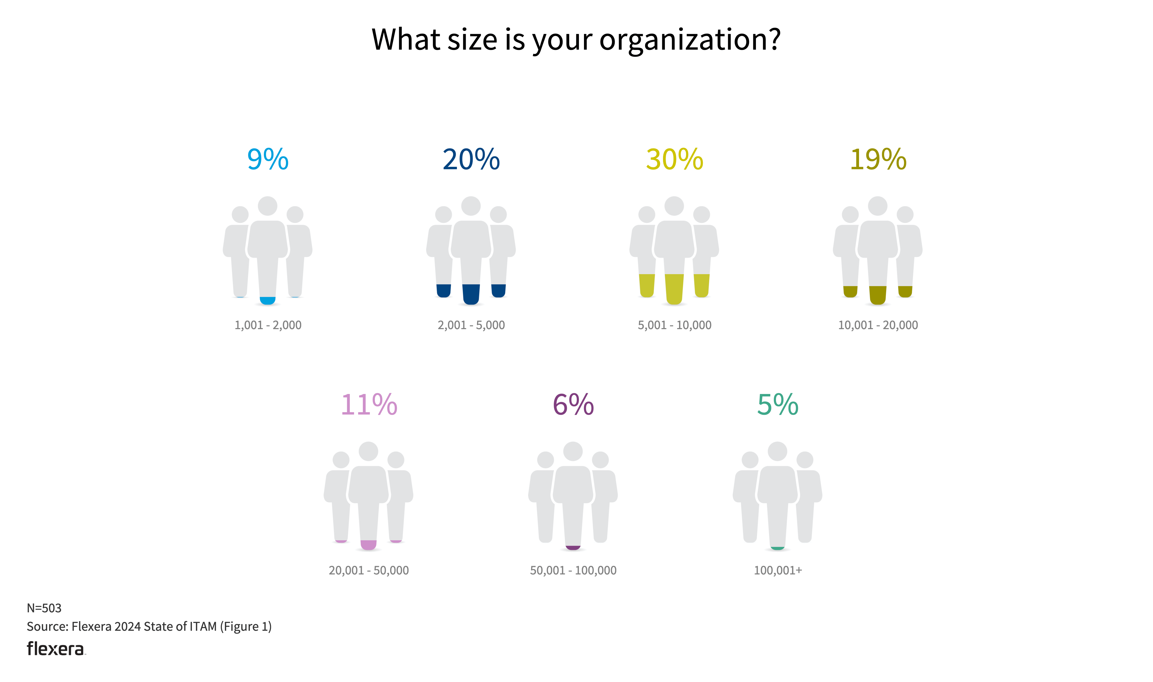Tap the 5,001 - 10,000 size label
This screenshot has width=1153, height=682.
click(x=674, y=325)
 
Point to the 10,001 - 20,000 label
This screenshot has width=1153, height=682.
click(x=878, y=325)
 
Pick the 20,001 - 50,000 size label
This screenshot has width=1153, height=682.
click(x=369, y=570)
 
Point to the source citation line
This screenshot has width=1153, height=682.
click(x=149, y=626)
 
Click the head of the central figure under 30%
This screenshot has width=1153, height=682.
click(x=674, y=206)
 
